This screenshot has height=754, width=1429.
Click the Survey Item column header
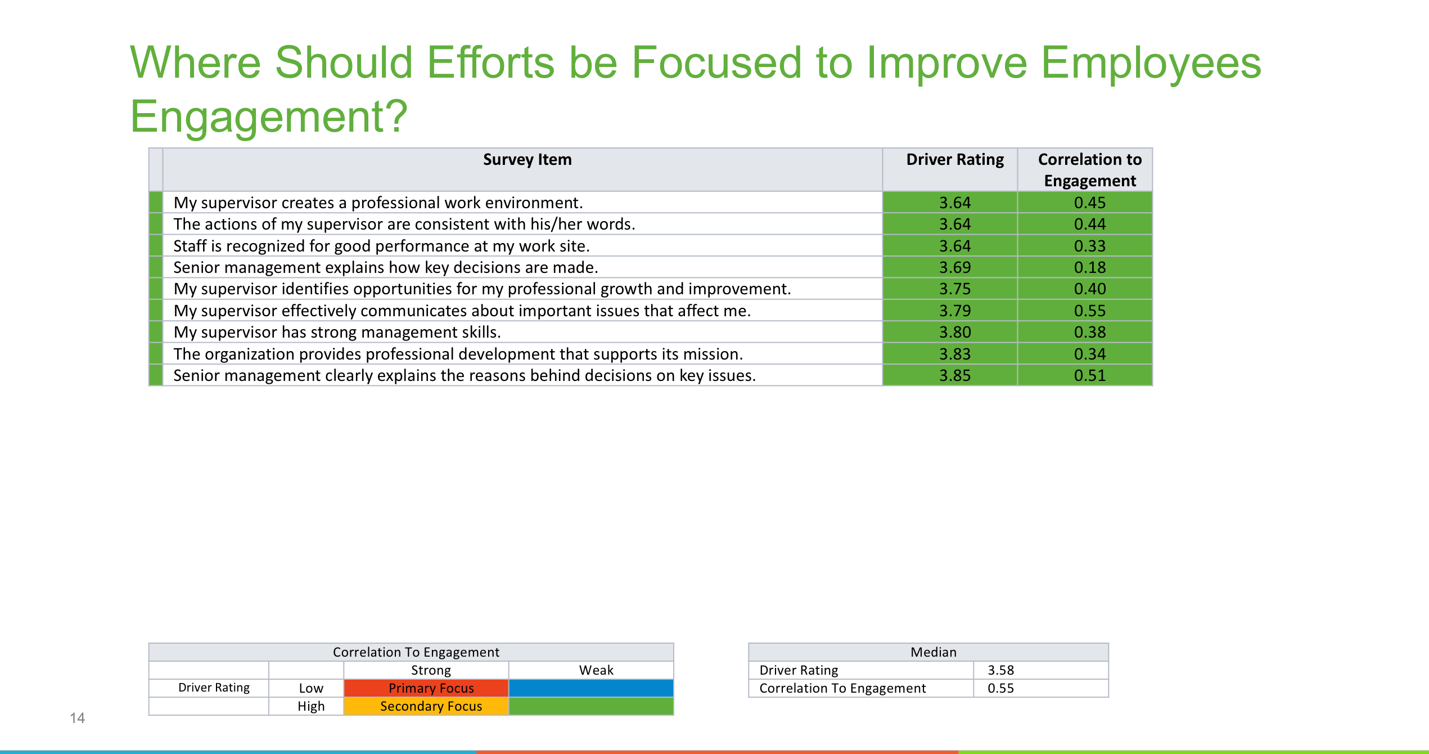[527, 160]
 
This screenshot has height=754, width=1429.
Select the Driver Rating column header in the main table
[955, 160]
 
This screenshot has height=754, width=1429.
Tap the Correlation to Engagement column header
[1089, 170]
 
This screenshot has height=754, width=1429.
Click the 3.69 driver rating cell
[955, 267]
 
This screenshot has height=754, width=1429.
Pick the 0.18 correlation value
[1089, 267]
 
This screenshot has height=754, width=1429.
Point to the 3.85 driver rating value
[955, 375]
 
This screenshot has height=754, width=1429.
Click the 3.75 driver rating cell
[955, 289]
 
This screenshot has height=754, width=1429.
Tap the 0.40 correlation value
[1089, 289]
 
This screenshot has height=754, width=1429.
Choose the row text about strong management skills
[337, 332]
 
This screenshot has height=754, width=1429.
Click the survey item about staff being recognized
[381, 246]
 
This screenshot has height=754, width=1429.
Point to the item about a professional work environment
[378, 203]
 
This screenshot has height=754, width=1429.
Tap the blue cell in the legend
[590, 688]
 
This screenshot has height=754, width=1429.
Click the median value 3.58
[1000, 670]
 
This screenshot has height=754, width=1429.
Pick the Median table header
[933, 652]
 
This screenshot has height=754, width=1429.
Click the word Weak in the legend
[596, 670]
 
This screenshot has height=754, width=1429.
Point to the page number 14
[77, 718]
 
